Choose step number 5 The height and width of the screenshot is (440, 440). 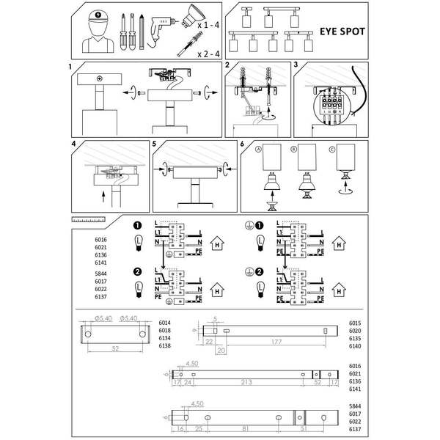coord(155,144)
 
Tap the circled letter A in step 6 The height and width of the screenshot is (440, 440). coord(258,150)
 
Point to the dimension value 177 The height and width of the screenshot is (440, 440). coord(276,342)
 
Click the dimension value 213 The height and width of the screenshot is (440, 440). coord(246,382)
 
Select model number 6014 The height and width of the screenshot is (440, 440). coord(165,323)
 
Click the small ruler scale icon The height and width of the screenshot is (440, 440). coord(89,219)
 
